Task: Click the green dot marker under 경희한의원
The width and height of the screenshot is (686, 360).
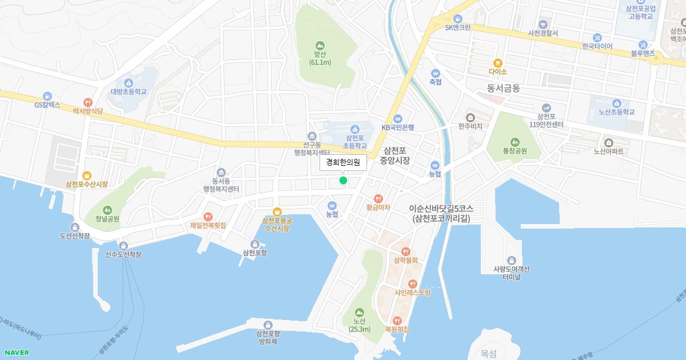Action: point(343,181)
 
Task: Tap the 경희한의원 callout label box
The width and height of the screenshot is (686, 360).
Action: point(343,162)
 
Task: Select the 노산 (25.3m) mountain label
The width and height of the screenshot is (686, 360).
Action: point(360,325)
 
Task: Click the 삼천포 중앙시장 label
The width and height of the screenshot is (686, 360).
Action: point(395,155)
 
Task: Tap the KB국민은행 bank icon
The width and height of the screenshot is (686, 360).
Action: point(398,118)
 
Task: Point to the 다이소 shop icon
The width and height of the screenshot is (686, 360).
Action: point(497,63)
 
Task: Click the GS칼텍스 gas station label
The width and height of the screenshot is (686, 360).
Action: point(47,105)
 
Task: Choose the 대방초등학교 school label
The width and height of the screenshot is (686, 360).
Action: point(129,91)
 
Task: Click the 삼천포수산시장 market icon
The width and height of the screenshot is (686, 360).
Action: point(87,175)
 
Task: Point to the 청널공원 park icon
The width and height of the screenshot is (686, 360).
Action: point(108,210)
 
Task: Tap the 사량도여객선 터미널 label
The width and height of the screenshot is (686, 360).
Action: point(511,273)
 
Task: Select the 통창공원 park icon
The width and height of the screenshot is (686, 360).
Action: point(514,142)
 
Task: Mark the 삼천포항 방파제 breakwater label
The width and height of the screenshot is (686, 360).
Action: point(268,338)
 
